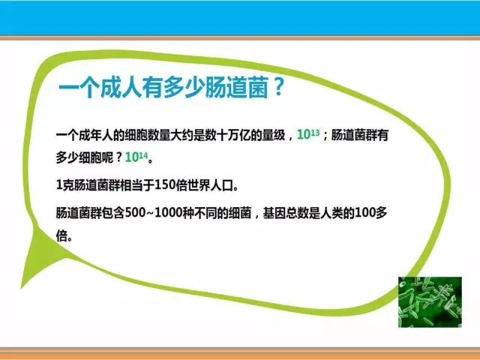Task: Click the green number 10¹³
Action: pos(308,134)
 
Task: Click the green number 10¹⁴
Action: pos(136,157)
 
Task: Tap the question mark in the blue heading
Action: pos(278,87)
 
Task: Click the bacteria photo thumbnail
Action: pos(430,302)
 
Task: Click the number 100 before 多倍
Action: pos(365,213)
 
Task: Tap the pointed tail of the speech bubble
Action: pos(22,288)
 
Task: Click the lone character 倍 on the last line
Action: pos(61,235)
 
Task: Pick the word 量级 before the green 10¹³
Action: pos(274,135)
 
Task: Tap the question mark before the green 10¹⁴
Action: pos(119,157)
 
